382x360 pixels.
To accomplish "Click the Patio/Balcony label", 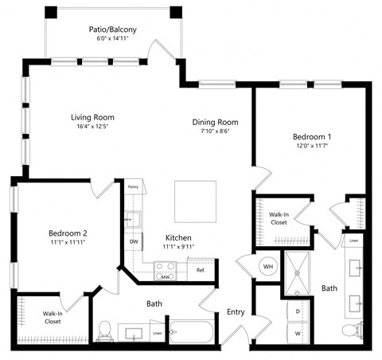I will click(112, 29).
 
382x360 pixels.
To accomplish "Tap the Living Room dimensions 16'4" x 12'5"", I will click(90, 127).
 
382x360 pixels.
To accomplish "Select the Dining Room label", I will click(216, 122).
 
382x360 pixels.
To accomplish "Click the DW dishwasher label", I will click(133, 242).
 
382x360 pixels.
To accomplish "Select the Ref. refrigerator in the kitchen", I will click(202, 270).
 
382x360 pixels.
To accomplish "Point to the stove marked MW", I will click(165, 276).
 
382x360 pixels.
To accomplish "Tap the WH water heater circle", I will click(268, 267).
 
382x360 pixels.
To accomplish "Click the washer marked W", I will click(297, 333).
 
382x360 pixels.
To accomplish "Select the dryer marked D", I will click(297, 311).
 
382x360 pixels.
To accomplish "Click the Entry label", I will click(235, 311).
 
